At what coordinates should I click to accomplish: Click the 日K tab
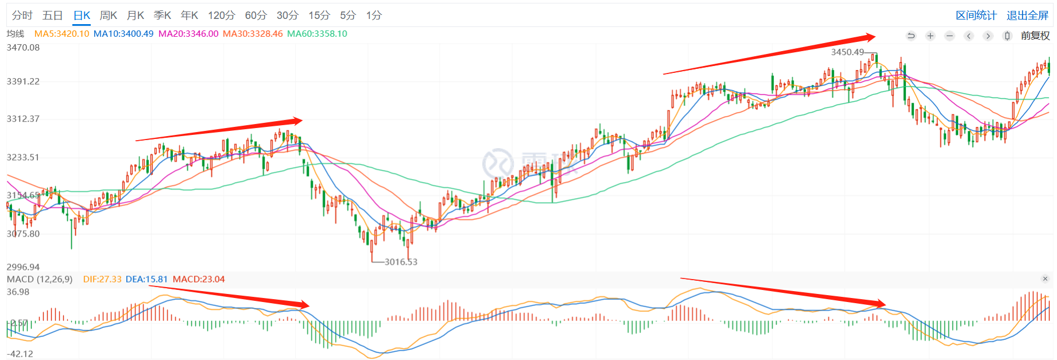(82, 16)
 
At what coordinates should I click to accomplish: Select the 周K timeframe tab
(108, 16)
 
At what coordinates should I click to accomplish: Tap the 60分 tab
(255, 16)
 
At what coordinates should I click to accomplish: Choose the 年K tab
(189, 16)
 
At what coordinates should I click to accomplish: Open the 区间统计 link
(976, 16)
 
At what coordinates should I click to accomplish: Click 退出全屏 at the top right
(1027, 16)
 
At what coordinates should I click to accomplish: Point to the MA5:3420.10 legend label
(61, 34)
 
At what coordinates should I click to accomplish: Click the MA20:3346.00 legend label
(188, 34)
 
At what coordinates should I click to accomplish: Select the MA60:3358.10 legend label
(317, 34)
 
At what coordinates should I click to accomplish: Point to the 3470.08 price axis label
(23, 48)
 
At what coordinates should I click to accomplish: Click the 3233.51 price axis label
(23, 157)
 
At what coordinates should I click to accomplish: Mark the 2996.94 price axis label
(23, 267)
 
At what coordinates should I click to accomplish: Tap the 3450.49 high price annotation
(847, 52)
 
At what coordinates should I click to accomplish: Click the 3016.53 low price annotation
(401, 262)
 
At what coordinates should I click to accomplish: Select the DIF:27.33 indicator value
(102, 280)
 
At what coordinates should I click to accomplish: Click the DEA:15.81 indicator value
(146, 280)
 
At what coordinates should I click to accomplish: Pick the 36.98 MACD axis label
(18, 292)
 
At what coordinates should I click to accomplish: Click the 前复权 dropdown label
(1035, 36)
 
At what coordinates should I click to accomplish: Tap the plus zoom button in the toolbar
(930, 36)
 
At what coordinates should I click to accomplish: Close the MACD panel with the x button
(1045, 279)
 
